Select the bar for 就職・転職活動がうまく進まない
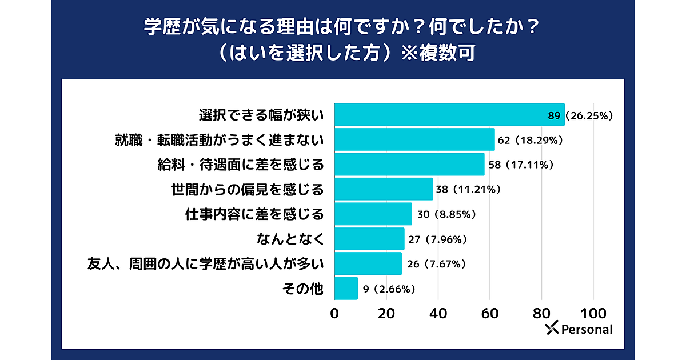click(x=414, y=139)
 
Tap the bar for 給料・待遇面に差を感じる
click(x=409, y=165)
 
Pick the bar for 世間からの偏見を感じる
click(x=384, y=189)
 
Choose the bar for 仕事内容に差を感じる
click(x=373, y=214)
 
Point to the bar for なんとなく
click(x=369, y=239)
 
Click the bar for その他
click(x=346, y=289)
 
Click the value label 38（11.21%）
click(x=468, y=190)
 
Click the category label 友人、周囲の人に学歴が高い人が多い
click(x=206, y=264)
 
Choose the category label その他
click(x=303, y=289)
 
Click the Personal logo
click(x=579, y=329)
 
